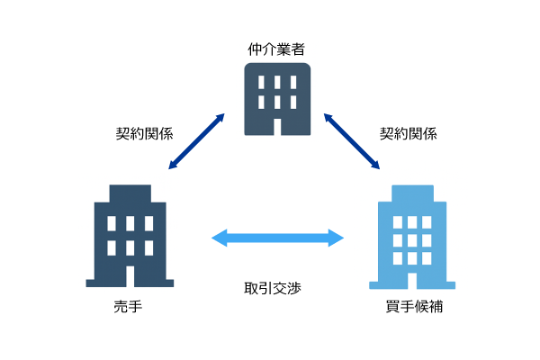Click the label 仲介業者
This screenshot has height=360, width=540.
276,49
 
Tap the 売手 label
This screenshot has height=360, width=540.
128,306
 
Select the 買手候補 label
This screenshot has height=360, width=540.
414,306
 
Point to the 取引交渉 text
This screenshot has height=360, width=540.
273,288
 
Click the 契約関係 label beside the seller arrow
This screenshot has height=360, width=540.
144,133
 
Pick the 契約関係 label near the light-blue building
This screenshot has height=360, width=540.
408,133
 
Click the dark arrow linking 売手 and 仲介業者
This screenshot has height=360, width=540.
196,141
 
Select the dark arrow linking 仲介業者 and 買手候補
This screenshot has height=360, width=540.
352,141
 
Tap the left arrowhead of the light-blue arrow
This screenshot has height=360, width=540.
220,238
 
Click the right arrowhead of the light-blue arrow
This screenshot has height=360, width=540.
336,238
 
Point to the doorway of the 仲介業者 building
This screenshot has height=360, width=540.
277,127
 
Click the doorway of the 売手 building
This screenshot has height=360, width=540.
130,276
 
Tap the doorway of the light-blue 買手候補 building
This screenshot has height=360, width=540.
412,281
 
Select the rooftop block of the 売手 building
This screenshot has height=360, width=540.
130,193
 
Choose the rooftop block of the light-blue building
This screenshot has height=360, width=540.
412,193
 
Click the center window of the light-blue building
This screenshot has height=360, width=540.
412,240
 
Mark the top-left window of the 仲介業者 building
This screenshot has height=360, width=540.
261,82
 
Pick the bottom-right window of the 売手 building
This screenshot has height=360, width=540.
149,248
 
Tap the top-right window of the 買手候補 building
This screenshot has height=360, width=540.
427,222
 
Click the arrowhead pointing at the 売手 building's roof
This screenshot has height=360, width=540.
173,165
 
